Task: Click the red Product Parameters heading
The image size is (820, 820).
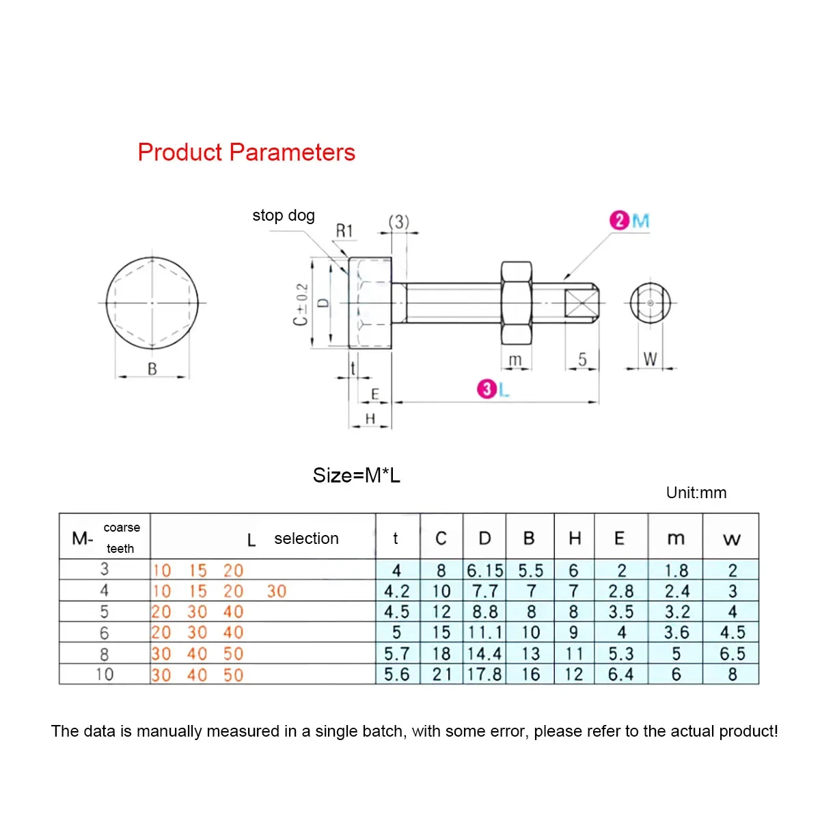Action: click(246, 152)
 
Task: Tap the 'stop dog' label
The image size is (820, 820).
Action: click(284, 215)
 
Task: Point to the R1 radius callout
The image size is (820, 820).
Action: click(344, 231)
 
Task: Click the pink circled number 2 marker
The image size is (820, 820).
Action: click(619, 221)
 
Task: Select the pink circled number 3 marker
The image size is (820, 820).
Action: click(486, 389)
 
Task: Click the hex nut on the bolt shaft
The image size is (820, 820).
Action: click(516, 303)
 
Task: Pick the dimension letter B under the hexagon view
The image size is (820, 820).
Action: click(152, 368)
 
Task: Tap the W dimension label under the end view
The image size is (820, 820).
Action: click(650, 359)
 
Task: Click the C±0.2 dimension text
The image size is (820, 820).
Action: click(301, 304)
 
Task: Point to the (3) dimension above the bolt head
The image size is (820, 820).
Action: click(399, 222)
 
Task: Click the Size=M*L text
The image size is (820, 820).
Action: click(356, 475)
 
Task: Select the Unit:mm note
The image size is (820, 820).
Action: click(696, 493)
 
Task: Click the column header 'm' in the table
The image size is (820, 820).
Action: click(675, 538)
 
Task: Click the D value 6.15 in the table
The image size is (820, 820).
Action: click(484, 570)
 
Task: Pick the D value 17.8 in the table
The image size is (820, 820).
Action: click(484, 674)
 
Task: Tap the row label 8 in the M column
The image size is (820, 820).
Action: click(104, 654)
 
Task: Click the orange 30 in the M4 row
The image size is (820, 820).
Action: click(277, 591)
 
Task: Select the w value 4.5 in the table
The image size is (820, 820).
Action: click(732, 633)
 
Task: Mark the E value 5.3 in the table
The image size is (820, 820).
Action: click(620, 654)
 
